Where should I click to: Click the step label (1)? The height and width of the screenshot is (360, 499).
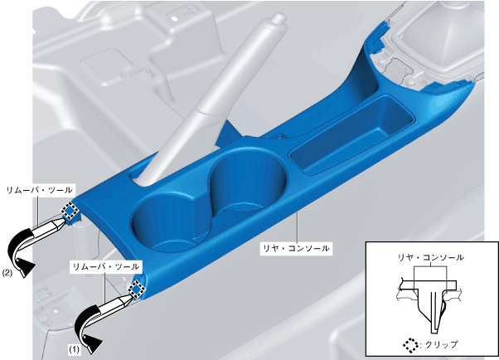[x=74, y=349]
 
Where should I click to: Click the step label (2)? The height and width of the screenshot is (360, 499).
[x=7, y=273]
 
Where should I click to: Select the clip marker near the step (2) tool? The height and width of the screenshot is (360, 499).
[x=70, y=210]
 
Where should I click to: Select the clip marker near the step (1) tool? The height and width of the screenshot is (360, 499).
[x=136, y=289]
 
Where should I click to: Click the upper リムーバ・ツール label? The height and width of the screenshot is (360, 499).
[x=40, y=190]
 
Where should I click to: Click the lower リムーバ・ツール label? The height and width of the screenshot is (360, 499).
[x=106, y=266]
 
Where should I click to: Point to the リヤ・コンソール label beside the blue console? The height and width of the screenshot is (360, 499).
[x=295, y=248]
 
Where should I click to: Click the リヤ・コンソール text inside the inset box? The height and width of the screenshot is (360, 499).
[x=430, y=257]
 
